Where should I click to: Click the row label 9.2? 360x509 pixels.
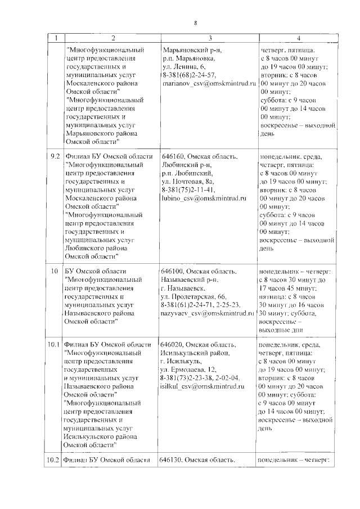pos(54,156)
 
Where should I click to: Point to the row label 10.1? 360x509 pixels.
pos(54,344)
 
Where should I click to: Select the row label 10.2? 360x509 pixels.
pos(54,460)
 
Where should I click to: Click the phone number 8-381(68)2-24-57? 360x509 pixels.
pos(188,75)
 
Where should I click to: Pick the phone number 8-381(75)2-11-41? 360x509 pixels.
pos(188,190)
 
